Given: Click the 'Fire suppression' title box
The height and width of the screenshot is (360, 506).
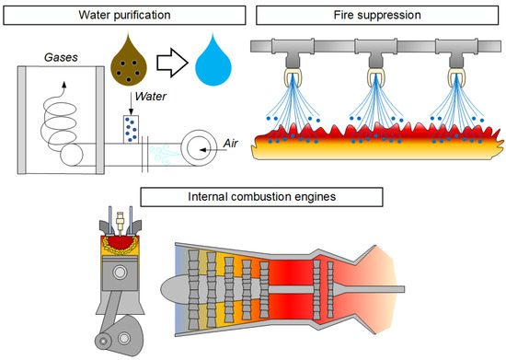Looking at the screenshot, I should [377, 15].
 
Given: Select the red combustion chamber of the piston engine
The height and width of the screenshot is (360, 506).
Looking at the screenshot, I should [120, 243].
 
